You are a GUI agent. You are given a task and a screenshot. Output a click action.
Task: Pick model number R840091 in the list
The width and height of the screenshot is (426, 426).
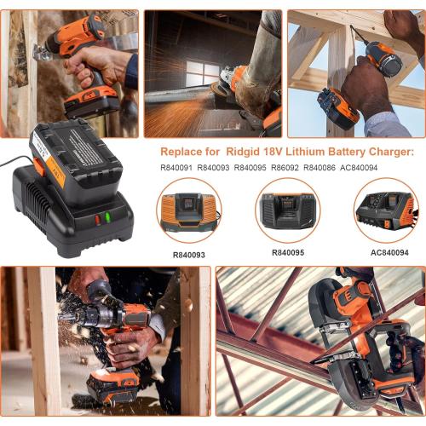coord(176,167)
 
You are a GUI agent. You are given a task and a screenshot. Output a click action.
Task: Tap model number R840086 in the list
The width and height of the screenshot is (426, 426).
coord(320,167)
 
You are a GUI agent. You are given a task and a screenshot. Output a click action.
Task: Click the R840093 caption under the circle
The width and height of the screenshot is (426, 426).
coord(189,253)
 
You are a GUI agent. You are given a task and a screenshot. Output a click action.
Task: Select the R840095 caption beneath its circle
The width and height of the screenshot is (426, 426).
coord(288,253)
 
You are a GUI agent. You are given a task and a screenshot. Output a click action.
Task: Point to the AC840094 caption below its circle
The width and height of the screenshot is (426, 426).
coord(389,253)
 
